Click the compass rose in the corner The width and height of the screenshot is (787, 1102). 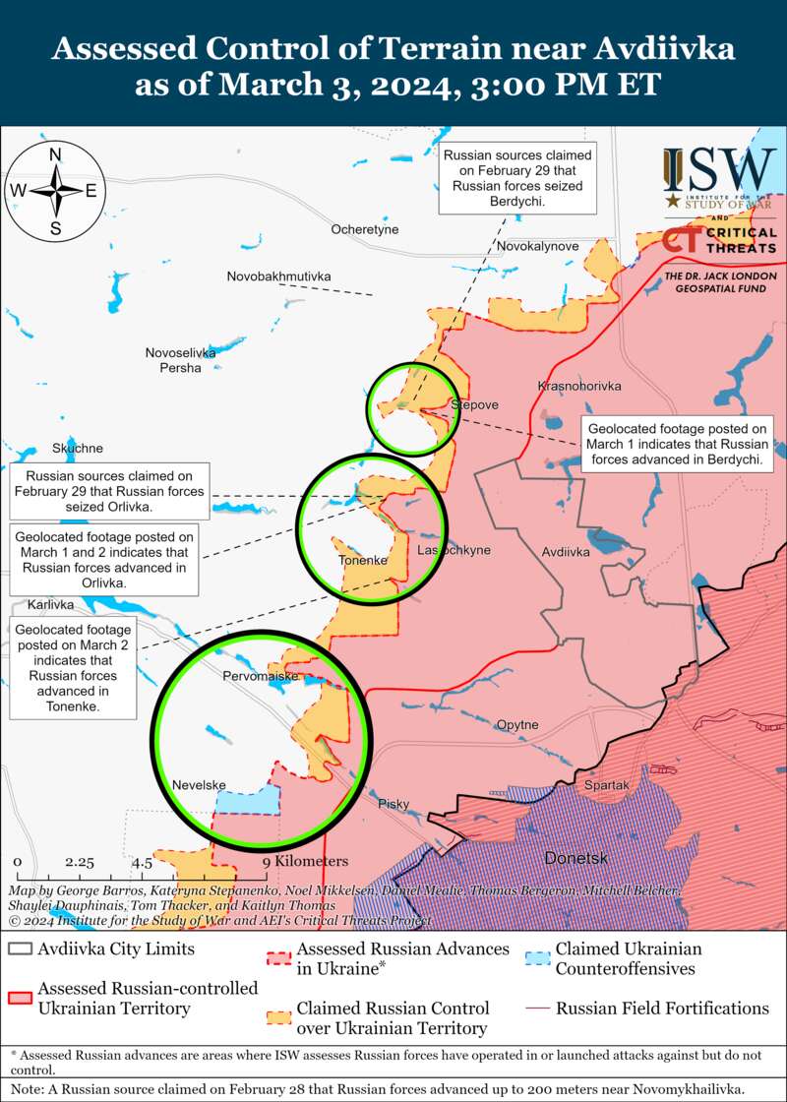tap(56, 190)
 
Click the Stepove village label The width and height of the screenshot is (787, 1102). tap(474, 404)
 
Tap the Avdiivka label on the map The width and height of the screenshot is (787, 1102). tap(566, 552)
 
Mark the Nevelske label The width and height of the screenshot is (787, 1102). tap(199, 785)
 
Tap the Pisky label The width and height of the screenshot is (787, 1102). tap(393, 805)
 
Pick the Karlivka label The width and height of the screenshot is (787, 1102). tap(51, 604)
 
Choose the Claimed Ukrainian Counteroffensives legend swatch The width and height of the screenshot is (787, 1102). tap(537, 957)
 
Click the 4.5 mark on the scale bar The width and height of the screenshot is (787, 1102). tap(143, 862)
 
